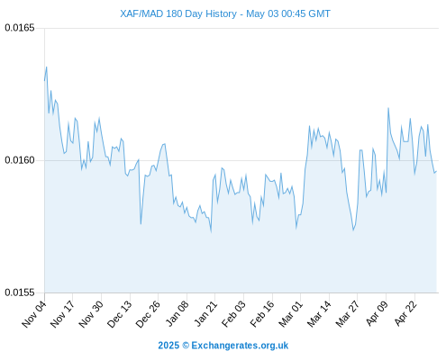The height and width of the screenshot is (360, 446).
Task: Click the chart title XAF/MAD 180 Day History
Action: click(x=178, y=13)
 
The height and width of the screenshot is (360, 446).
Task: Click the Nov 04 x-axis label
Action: click(x=34, y=314)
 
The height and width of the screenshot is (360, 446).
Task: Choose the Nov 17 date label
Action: click(x=62, y=314)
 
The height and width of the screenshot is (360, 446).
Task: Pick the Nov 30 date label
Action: click(x=91, y=314)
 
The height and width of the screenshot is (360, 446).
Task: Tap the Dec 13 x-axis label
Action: click(x=120, y=314)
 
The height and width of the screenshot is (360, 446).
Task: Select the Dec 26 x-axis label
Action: click(x=148, y=314)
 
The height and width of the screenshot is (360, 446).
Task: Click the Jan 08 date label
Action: click(x=177, y=313)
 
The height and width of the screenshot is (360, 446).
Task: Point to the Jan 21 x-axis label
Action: click(x=205, y=313)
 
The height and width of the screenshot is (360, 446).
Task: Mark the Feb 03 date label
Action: click(x=233, y=314)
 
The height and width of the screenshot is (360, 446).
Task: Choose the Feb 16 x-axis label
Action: click(x=262, y=314)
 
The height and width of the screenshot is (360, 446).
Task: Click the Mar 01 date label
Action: click(x=290, y=314)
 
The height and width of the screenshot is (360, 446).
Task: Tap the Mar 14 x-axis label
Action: click(x=319, y=314)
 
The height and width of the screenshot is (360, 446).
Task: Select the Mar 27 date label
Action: click(x=347, y=314)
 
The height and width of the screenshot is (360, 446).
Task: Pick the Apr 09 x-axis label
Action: click(x=377, y=313)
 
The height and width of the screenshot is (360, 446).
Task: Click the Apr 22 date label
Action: click(x=405, y=313)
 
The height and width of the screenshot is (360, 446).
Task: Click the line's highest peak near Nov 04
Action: click(x=47, y=67)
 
